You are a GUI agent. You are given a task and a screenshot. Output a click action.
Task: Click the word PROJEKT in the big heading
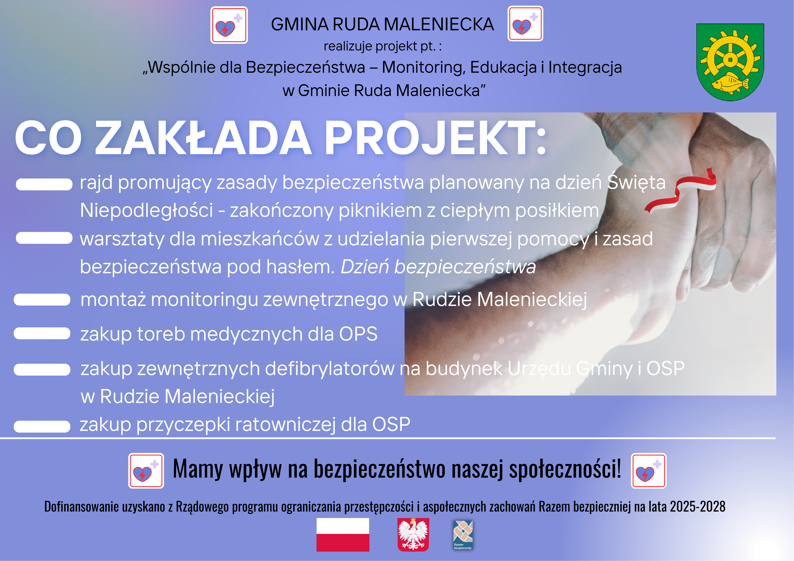coord(435,138)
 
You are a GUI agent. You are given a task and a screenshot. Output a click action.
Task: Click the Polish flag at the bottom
coord(343,534)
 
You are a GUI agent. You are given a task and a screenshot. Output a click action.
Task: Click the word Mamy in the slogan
coord(198,469)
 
